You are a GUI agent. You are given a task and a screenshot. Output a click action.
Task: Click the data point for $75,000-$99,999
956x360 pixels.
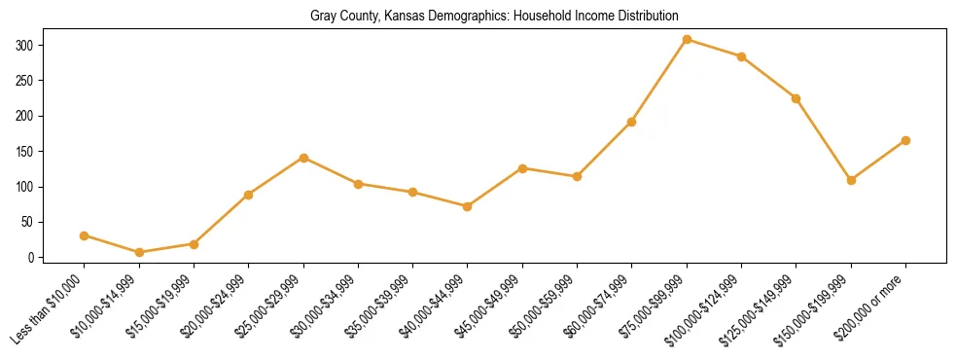click(687, 40)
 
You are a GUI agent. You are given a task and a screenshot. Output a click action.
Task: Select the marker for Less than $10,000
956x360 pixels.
click(85, 235)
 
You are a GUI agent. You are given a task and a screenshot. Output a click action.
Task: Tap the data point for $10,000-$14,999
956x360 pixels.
click(139, 253)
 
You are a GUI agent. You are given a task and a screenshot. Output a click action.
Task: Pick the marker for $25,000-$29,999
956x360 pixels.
click(303, 158)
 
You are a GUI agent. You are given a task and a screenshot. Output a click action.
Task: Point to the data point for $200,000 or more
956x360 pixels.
click(905, 140)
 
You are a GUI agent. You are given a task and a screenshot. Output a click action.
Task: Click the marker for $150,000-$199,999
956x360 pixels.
click(851, 180)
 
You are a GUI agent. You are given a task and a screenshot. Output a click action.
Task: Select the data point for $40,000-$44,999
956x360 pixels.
click(468, 206)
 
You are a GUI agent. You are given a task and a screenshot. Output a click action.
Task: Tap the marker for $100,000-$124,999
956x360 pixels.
click(741, 56)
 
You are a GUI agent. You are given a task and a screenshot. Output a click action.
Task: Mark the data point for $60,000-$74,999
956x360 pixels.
click(632, 122)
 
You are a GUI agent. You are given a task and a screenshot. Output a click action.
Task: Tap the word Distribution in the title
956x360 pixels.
click(643, 17)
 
